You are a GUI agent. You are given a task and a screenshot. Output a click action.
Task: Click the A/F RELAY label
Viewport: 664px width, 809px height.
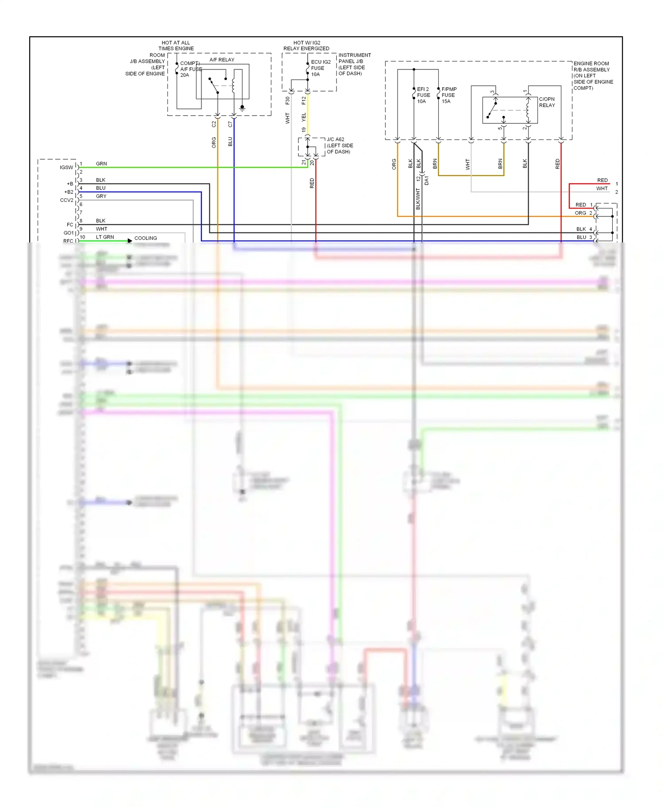point(222,60)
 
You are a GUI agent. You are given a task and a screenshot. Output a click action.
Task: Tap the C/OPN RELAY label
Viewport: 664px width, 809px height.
point(547,102)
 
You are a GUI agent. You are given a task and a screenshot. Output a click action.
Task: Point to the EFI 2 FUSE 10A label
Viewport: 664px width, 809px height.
point(423,95)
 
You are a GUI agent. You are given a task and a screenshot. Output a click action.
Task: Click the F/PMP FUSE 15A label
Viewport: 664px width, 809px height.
point(448,95)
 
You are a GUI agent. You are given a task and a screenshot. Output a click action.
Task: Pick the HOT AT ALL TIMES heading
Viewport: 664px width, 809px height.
point(176,46)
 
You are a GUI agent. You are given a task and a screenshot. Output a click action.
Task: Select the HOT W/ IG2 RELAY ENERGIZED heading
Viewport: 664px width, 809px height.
point(306,46)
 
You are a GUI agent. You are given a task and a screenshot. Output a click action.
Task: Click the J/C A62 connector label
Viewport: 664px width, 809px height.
point(339,145)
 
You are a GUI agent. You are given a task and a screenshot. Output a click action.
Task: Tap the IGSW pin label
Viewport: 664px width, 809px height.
point(66,167)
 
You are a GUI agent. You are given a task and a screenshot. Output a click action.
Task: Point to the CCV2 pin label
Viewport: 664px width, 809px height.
point(66,200)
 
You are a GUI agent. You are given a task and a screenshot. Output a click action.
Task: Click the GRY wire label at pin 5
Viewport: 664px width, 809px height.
point(101,196)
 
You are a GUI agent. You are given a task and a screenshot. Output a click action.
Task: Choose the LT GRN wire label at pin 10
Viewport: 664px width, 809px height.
point(105,237)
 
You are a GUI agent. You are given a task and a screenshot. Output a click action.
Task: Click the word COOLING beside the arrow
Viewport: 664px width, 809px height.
point(146,238)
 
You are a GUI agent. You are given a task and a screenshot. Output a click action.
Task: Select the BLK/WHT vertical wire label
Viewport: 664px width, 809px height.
point(418,199)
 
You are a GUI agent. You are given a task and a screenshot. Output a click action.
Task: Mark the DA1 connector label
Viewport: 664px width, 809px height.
point(427,180)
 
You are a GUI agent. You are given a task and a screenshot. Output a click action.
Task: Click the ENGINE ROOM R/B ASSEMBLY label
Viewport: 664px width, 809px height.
point(593,75)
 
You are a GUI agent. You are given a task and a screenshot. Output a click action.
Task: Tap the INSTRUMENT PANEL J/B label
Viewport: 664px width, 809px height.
point(354,64)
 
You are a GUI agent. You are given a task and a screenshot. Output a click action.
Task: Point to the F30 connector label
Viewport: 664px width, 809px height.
point(287,100)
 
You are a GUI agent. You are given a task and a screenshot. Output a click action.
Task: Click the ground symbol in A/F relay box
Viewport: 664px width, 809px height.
point(242,108)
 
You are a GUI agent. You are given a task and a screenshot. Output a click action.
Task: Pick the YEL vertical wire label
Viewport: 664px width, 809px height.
point(304,117)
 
